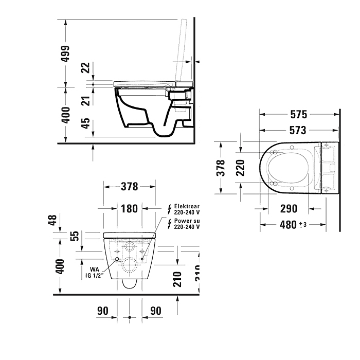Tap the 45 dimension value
[86, 124]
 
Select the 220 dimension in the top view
[239, 167]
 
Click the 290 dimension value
[289, 209]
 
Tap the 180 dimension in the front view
[130, 208]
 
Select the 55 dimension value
[75, 236]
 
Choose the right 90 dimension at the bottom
[155, 311]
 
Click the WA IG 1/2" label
[94, 272]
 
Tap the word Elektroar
[187, 205]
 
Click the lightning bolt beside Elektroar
[169, 208]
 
